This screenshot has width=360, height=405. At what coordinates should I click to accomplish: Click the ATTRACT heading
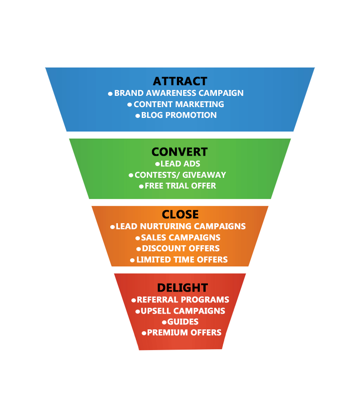coord(180,81)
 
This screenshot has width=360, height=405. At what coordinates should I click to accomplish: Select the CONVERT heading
coord(180,152)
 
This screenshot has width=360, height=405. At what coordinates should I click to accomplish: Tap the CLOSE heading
coord(180,215)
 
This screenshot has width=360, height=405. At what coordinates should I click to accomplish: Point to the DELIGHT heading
coord(182,288)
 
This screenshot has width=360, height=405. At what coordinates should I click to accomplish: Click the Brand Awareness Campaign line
coord(179,93)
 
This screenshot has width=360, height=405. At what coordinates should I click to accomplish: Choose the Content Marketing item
coord(179,104)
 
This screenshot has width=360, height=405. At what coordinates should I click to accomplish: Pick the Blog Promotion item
coord(179,115)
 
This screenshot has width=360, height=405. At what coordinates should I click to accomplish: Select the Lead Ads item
coord(180,164)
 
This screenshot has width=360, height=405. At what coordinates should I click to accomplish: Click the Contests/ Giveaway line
coord(180,175)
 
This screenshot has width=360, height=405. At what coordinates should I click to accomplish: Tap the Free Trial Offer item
coord(180,186)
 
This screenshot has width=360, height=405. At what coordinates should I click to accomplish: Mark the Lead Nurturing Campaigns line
coord(180,226)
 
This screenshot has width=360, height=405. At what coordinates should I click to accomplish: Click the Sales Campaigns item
coord(180,238)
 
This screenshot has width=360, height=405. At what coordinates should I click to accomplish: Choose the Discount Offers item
coord(180,248)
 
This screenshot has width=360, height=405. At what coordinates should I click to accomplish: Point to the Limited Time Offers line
coord(182,260)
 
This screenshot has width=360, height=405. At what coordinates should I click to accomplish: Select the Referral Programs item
coord(183,300)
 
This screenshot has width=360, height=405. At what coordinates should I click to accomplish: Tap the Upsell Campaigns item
coord(183,311)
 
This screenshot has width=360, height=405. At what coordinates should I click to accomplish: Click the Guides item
coord(183,322)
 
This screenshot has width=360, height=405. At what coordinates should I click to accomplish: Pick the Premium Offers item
coord(184,333)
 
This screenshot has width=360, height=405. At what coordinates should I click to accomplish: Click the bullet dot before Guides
coord(165,322)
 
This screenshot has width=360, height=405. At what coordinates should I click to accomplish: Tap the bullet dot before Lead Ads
coord(157,164)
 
